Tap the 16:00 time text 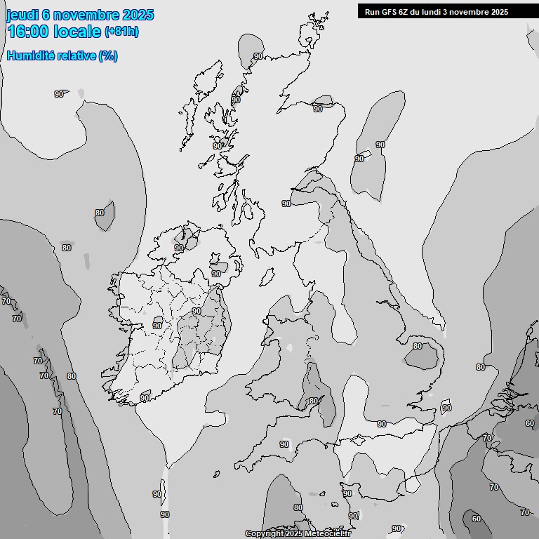tap(28, 32)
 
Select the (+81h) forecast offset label tap(121, 32)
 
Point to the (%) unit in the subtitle tap(107, 56)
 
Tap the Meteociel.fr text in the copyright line tap(326, 534)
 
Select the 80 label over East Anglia tap(418, 346)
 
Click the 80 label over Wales tap(313, 401)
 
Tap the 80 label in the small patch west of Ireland tap(100, 213)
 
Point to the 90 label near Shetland tap(258, 56)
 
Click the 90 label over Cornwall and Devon tap(284, 444)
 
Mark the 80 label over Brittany tap(298, 507)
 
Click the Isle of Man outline tap(267, 277)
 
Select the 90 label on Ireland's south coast tap(145, 398)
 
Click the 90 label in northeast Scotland tap(318, 109)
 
